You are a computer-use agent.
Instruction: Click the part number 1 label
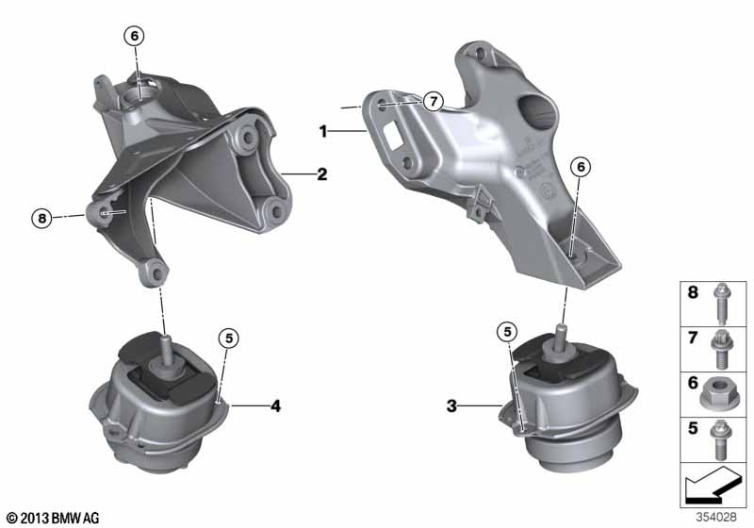pos(323,133)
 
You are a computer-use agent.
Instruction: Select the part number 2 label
pos(321,174)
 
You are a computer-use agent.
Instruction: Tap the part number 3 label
pos(451,406)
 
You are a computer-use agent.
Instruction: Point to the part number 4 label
pos(275,406)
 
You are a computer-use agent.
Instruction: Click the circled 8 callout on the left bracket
pos(40,218)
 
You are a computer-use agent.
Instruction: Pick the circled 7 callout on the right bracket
pos(432,101)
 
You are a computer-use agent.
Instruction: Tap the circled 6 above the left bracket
pos(134,36)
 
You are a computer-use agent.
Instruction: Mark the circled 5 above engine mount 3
pos(507,331)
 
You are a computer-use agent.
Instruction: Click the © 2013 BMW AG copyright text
pos(52,518)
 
